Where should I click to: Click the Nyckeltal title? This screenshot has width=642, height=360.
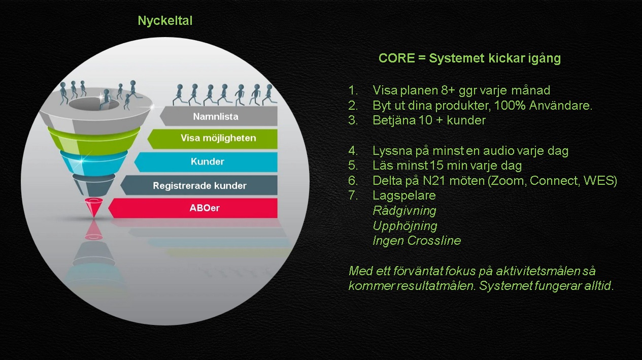click(x=165, y=21)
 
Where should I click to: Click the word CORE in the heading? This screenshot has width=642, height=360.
click(x=397, y=58)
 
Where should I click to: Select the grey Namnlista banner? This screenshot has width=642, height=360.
click(x=219, y=116)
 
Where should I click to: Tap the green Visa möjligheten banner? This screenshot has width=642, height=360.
click(x=212, y=139)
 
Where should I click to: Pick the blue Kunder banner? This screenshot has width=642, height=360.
click(x=206, y=162)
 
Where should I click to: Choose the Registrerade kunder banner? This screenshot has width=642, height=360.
click(x=199, y=185)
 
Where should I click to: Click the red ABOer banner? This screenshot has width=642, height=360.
click(x=193, y=208)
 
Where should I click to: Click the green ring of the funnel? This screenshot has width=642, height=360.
click(x=94, y=141)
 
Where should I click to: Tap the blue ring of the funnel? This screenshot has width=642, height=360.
click(x=94, y=162)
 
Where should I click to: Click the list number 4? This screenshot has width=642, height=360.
click(x=352, y=151)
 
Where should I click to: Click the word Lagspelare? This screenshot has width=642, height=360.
click(x=404, y=195)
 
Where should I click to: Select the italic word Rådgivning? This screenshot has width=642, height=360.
click(x=404, y=211)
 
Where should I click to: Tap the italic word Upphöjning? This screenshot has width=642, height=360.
click(x=405, y=226)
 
